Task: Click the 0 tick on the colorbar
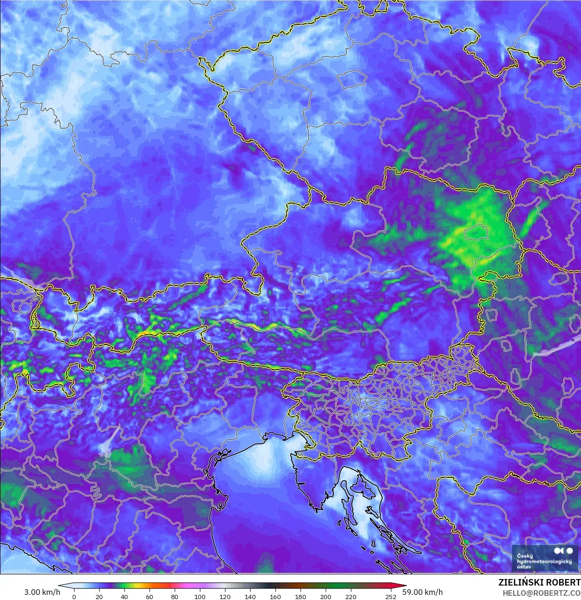[x=74, y=596]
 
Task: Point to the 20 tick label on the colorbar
[x=99, y=596]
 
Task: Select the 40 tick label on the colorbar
[x=124, y=596]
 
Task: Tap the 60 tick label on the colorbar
[x=150, y=596]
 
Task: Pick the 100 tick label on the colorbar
[x=200, y=596]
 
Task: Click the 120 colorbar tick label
[x=225, y=596]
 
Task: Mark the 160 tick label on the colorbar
[x=275, y=596]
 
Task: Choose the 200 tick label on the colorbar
[x=326, y=596]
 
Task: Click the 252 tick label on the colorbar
[x=391, y=596]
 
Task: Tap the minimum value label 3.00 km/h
[x=42, y=592]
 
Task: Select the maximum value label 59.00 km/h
[x=423, y=592]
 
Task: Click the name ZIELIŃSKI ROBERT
[x=540, y=583]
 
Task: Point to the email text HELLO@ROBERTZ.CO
[x=541, y=593]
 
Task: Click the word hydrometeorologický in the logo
[x=544, y=562]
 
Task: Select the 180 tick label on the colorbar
[x=301, y=596]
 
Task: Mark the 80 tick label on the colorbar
[x=175, y=596]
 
